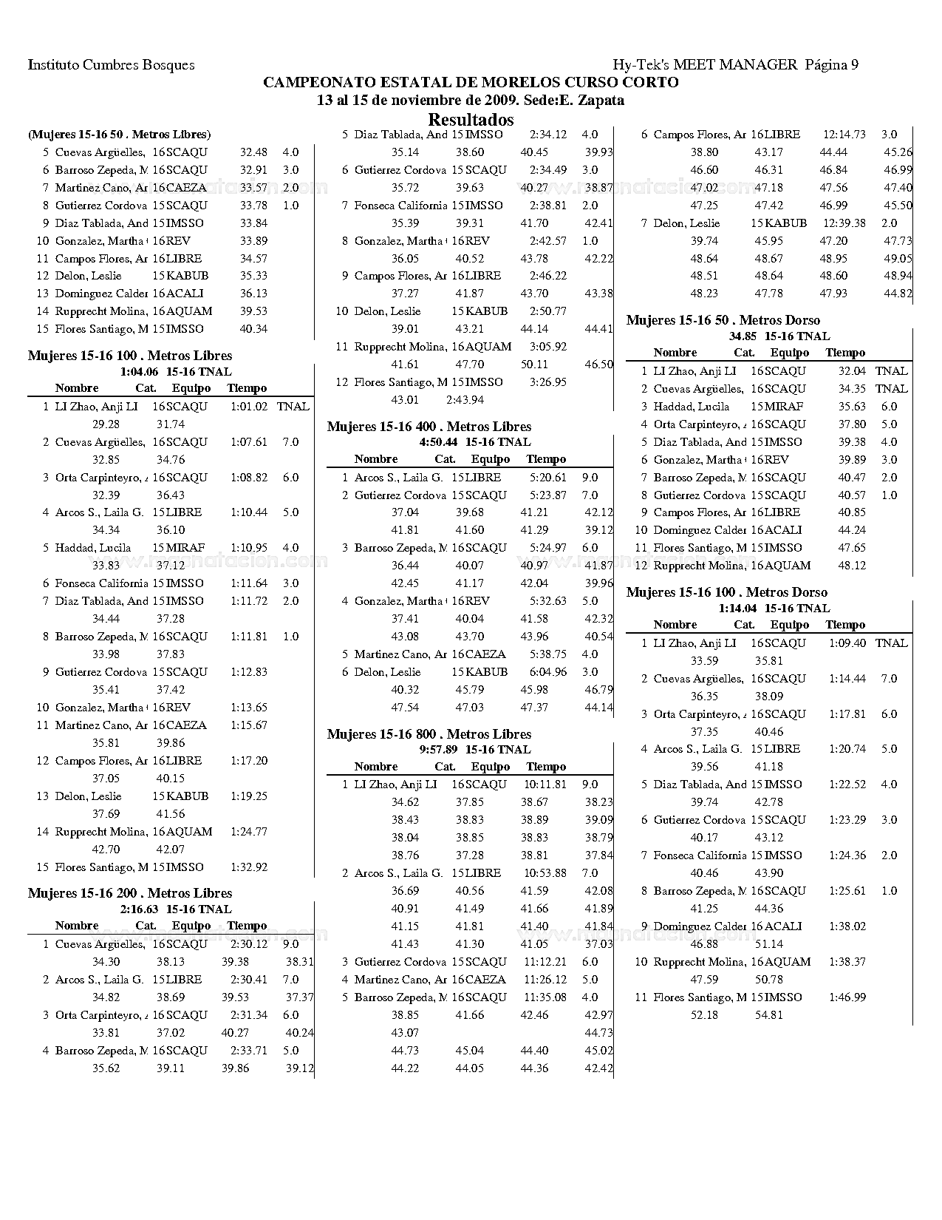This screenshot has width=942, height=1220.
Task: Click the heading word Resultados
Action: pos(471,120)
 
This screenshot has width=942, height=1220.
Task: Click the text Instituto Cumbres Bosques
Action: pos(112,65)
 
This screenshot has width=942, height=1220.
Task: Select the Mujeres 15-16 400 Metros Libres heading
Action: pos(429,427)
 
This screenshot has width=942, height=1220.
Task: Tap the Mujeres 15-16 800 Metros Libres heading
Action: pos(429,734)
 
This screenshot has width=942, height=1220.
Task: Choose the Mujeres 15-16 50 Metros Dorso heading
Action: pos(723,320)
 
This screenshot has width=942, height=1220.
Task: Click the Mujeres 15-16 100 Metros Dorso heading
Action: pos(727,592)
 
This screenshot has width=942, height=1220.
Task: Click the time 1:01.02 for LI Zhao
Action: pos(249,407)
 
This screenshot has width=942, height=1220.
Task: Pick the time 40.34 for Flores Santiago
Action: pos(253,329)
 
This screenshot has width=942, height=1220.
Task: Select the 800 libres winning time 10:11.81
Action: pos(545,784)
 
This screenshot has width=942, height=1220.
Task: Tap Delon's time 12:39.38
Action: pos(844,223)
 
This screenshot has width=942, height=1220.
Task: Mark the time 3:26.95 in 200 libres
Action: pos(548,382)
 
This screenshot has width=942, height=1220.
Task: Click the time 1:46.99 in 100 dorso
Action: pos(847,997)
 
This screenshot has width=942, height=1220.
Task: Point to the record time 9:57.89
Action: pos(438,750)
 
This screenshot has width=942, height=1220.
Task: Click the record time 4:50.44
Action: pos(438,442)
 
